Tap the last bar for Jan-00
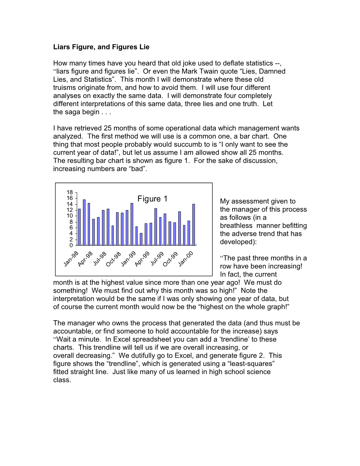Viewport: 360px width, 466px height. [x=194, y=225]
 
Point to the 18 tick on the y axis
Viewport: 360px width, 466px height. [x=70, y=192]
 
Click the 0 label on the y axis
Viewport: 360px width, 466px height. [x=71, y=245]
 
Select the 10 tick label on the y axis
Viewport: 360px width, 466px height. [x=70, y=216]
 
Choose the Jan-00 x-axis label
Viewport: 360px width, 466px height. [x=186, y=259]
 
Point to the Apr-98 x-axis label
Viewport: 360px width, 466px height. [x=85, y=259]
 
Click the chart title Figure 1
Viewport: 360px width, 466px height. [x=152, y=199]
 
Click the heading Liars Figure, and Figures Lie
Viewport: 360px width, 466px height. [x=101, y=47]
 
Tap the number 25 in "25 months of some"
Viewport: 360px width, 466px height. [x=107, y=128]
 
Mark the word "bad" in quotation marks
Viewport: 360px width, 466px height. [x=137, y=169]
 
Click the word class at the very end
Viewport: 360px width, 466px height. [x=62, y=380]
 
